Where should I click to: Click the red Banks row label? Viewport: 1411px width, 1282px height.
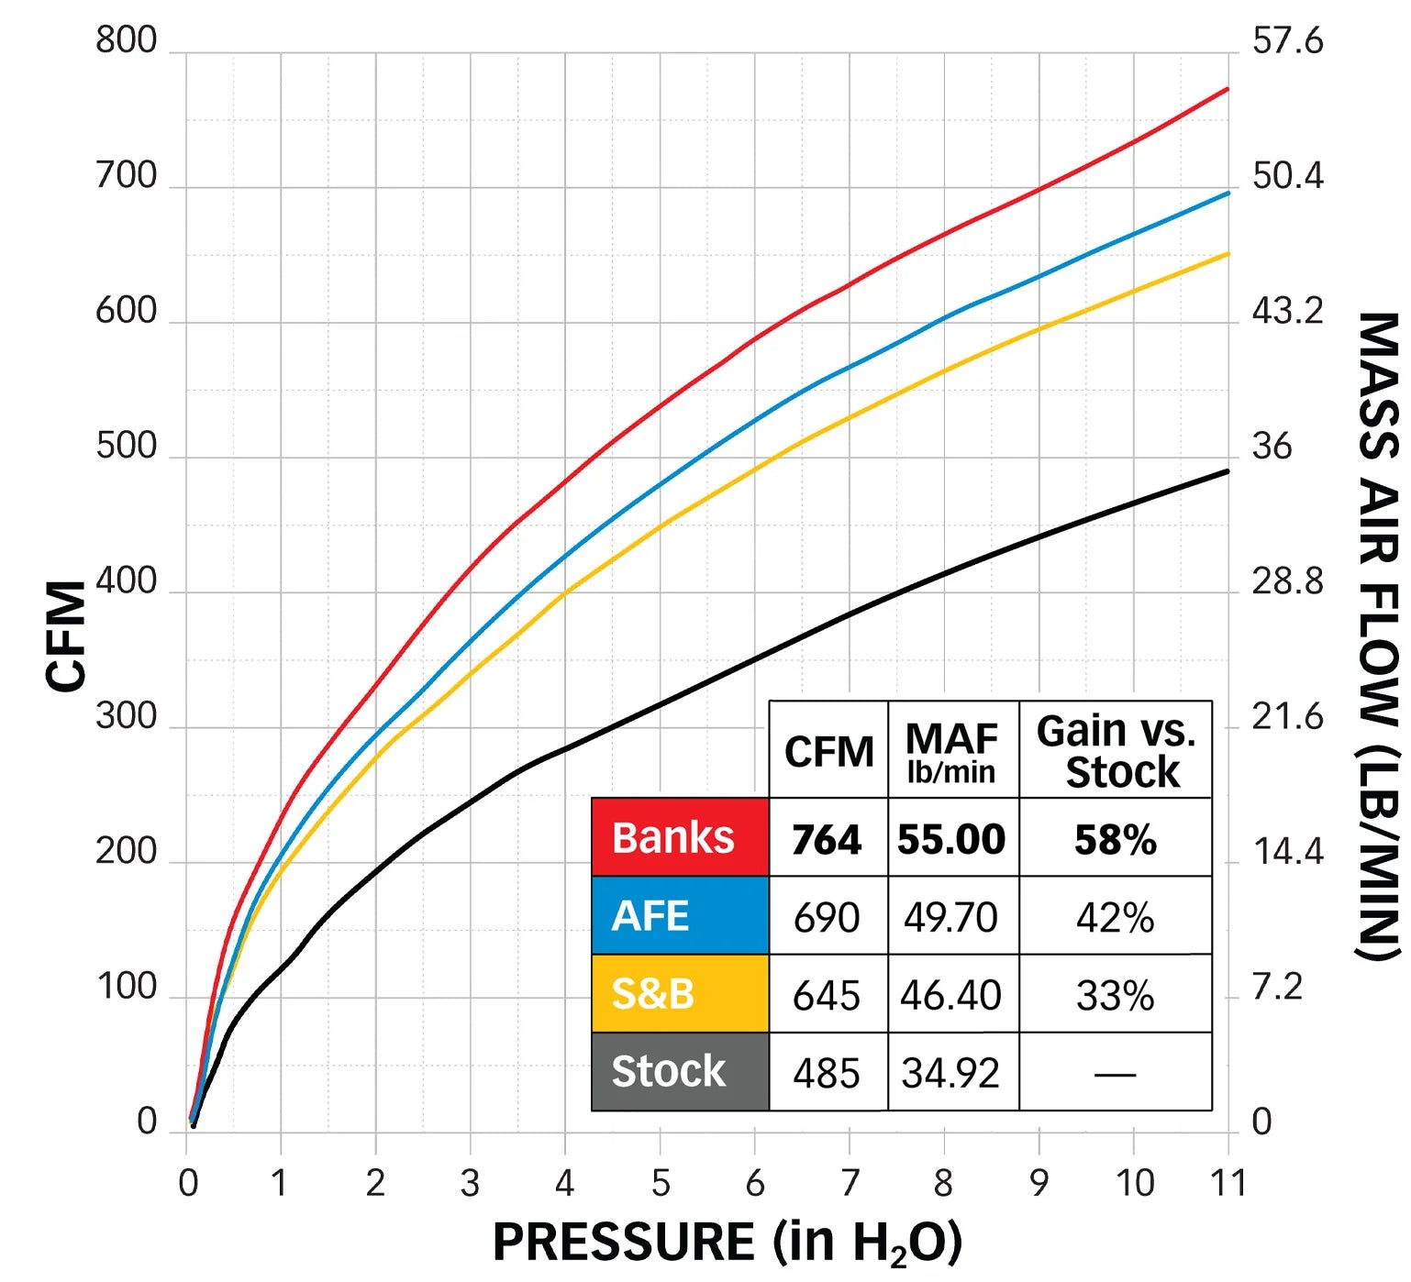(679, 837)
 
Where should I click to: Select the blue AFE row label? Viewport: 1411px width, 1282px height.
(679, 915)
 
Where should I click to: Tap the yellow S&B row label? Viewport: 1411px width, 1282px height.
(679, 993)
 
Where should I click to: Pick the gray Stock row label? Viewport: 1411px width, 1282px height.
(679, 1071)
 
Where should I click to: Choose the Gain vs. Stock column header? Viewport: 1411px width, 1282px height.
(1116, 751)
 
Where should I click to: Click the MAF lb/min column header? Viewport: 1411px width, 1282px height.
(951, 751)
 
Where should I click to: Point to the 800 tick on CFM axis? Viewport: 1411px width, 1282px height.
(127, 40)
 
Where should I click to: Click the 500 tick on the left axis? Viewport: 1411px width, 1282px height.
(127, 446)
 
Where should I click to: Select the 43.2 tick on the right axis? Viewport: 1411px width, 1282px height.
(1287, 311)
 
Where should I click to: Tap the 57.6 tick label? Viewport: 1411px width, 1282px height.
(1287, 40)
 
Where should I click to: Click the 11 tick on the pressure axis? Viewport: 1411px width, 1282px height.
(1228, 1183)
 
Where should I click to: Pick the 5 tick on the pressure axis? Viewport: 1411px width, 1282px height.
(661, 1183)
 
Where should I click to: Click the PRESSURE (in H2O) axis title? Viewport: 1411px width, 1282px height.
(728, 1243)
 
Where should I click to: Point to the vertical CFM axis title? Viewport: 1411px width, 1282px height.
(66, 635)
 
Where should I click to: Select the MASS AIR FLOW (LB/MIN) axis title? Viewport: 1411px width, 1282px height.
(1378, 635)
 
